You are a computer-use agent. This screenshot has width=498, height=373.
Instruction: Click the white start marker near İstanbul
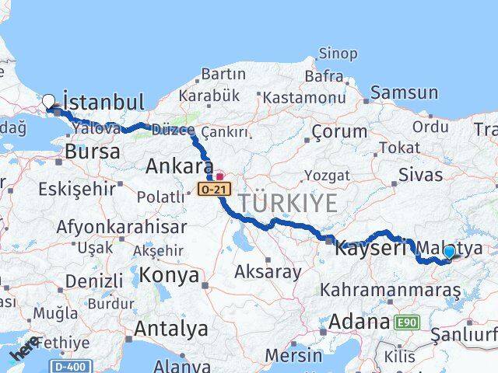pos(49,100)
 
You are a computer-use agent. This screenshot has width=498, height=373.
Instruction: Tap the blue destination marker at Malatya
pos(448,252)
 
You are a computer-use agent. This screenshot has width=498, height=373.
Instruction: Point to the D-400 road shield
pos(72,365)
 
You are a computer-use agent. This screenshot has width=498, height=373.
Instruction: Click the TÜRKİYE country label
pos(288,204)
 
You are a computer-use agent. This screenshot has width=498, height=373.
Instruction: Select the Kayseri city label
pos(370,249)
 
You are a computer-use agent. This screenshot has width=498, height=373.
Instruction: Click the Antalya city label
pos(170,328)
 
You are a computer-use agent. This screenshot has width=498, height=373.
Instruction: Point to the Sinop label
pos(338,54)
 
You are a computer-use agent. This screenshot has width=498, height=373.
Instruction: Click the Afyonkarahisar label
pos(121,227)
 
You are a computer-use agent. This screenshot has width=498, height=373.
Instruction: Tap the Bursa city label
pos(93,152)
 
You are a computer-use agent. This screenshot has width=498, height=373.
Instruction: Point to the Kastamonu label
pos(303,98)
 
